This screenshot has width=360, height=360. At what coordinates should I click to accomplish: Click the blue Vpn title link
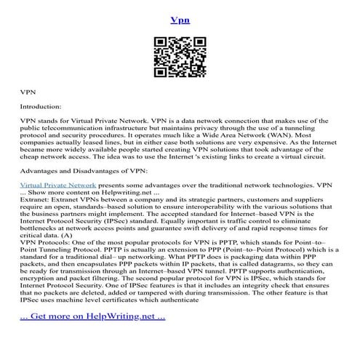180,20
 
